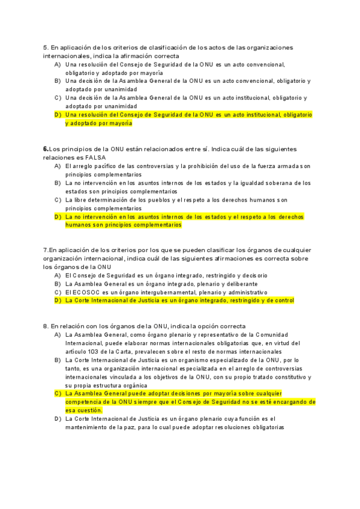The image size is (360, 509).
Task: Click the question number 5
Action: (x=45, y=47)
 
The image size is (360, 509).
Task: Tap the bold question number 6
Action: (x=45, y=148)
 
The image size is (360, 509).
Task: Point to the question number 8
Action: (x=45, y=325)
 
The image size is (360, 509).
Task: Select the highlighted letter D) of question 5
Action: (x=58, y=114)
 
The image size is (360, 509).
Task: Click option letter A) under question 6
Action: (x=58, y=165)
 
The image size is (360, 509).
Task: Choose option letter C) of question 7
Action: (x=58, y=292)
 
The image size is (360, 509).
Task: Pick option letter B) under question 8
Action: (x=58, y=360)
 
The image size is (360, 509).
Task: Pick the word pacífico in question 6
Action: (x=101, y=165)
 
